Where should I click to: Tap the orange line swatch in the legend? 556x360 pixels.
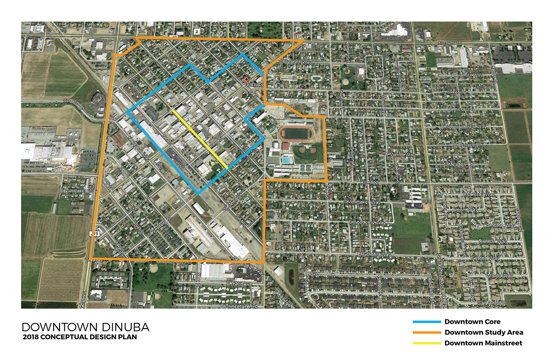(427, 332)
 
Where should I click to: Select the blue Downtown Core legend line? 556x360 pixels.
(427, 322)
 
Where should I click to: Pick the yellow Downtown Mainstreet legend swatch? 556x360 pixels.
(427, 343)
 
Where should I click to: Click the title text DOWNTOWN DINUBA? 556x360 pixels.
(85, 327)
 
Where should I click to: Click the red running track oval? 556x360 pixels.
(295, 133)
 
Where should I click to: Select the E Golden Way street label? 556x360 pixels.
(375, 255)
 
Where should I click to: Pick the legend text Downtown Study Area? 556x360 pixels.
(484, 332)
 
